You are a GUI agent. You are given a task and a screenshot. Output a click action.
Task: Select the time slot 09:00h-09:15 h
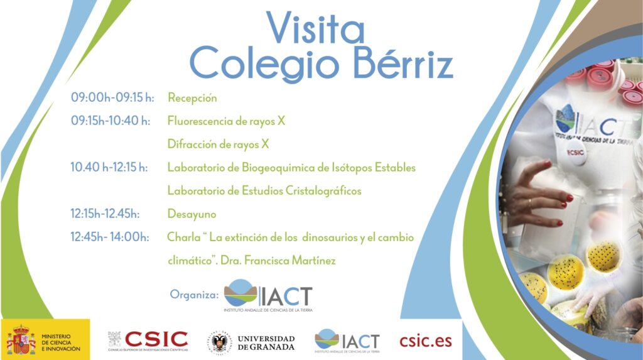112,97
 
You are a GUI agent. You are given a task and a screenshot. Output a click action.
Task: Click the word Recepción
192,98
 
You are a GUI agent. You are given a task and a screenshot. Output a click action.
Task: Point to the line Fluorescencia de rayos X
226,121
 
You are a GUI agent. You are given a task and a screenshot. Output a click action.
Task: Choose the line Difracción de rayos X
218,144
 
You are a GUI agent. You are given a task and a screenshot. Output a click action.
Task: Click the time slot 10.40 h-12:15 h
109,167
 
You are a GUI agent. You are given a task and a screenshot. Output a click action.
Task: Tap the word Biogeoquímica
280,168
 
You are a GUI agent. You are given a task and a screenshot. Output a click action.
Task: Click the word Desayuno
192,214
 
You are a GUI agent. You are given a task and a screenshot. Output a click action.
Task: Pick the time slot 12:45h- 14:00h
109,237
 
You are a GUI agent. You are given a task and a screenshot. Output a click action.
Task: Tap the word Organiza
194,295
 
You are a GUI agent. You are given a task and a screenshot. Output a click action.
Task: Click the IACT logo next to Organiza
268,295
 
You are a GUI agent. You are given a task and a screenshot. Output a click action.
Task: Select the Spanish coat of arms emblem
21,340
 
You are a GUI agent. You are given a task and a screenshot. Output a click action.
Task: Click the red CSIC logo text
156,339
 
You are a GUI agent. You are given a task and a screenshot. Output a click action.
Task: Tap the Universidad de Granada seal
219,342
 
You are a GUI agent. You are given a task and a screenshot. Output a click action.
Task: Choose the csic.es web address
426,341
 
